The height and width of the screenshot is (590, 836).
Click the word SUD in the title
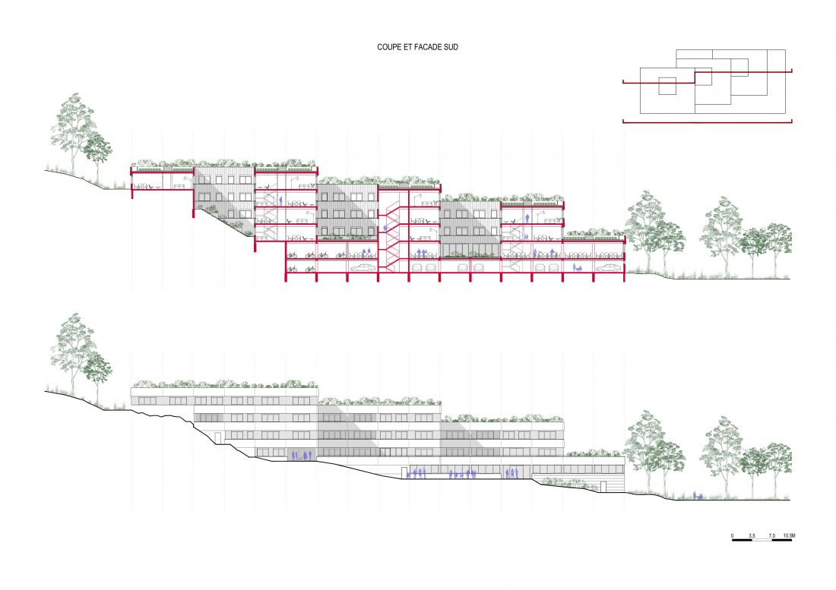451,47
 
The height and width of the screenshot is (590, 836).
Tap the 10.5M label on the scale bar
790,535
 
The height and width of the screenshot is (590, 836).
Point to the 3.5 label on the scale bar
752,535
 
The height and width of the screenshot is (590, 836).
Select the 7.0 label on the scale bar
772,535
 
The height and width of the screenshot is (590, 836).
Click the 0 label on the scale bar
732,535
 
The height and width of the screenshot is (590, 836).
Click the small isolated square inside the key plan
667,87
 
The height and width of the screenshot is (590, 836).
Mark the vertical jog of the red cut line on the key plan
695,77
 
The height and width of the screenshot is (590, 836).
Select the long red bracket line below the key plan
707,122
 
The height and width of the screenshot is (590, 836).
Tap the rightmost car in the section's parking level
608,268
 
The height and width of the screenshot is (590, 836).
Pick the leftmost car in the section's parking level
361,268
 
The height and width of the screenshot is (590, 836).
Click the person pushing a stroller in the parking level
577,268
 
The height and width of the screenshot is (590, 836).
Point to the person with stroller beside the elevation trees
698,495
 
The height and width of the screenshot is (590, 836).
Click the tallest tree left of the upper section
74,137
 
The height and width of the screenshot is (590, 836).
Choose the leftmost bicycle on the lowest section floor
292,269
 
